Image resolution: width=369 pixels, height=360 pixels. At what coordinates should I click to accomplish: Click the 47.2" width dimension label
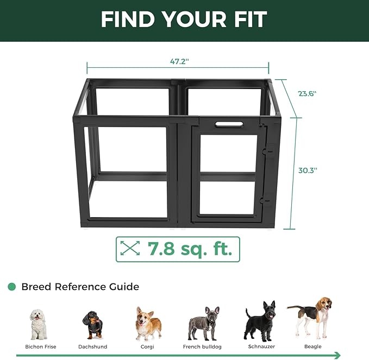(178, 62)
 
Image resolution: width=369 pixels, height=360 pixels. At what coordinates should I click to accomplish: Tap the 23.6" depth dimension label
(307, 93)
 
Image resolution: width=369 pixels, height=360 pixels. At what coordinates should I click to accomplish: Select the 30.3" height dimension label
(308, 170)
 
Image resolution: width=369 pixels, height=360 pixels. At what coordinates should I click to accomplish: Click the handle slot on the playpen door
(229, 124)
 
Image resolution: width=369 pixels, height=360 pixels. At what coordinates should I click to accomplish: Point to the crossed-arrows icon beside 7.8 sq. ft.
(129, 249)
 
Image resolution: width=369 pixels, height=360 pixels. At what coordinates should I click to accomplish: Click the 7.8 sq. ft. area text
(190, 249)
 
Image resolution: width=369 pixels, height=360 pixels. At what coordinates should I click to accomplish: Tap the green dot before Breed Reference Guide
(11, 287)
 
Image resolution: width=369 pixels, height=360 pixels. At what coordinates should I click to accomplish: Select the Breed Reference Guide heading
(80, 287)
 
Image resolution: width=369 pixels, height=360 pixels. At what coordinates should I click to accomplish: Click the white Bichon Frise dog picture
(38, 324)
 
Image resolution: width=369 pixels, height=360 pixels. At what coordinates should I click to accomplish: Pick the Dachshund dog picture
(92, 325)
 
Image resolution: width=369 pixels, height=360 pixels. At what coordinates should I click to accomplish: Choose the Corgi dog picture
(148, 323)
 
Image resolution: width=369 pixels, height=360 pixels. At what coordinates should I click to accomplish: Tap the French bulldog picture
(204, 323)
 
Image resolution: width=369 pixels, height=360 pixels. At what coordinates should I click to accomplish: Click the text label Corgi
(148, 346)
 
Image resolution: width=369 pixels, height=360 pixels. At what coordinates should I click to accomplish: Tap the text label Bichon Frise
(40, 346)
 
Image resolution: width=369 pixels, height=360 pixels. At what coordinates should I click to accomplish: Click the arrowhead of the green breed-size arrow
(338, 355)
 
